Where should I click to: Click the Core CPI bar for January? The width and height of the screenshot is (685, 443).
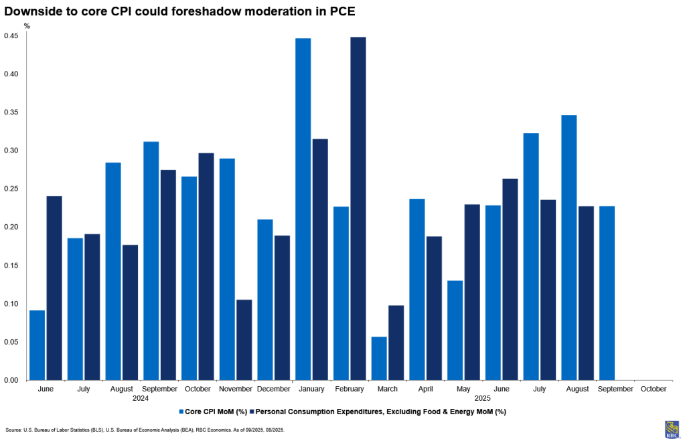pyautogui.click(x=303, y=209)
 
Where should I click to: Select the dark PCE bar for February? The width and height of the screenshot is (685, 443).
pyautogui.click(x=358, y=208)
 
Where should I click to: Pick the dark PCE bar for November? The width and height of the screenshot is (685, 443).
pyautogui.click(x=244, y=339)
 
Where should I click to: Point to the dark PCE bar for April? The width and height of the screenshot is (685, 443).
pyautogui.click(x=434, y=308)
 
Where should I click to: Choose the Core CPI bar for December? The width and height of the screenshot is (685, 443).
pyautogui.click(x=265, y=299)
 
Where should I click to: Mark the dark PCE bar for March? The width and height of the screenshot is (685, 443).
pyautogui.click(x=396, y=343)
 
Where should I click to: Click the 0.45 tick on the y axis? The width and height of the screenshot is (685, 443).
pyautogui.click(x=12, y=35)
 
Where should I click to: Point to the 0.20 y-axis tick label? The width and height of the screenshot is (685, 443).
pyautogui.click(x=12, y=227)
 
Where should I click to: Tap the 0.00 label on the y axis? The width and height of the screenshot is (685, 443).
pyautogui.click(x=12, y=380)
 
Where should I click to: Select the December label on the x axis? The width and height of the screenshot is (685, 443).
pyautogui.click(x=273, y=389)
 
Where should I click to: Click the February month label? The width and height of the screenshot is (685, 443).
pyautogui.click(x=350, y=389)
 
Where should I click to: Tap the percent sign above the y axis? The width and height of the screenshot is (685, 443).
pyautogui.click(x=27, y=25)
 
